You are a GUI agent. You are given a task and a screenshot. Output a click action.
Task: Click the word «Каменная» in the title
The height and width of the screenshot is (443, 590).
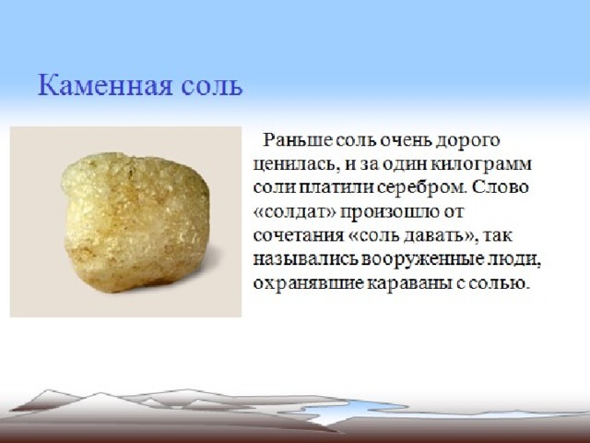(x=105, y=85)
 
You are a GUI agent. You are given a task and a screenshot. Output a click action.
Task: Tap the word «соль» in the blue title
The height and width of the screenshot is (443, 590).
(x=211, y=87)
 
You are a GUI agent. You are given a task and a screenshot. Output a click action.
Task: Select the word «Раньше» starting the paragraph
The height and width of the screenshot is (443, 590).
(x=297, y=140)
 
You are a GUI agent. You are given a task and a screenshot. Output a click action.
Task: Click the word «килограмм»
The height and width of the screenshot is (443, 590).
(x=480, y=165)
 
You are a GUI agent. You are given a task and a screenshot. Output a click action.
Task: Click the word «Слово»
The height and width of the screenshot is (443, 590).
(x=500, y=187)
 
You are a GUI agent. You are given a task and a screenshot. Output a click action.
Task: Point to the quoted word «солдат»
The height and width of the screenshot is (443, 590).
(x=295, y=212)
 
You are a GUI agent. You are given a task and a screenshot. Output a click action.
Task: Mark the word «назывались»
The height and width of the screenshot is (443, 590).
(x=305, y=259)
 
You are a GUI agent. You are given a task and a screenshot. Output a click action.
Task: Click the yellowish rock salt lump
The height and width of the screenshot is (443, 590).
(x=136, y=222)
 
